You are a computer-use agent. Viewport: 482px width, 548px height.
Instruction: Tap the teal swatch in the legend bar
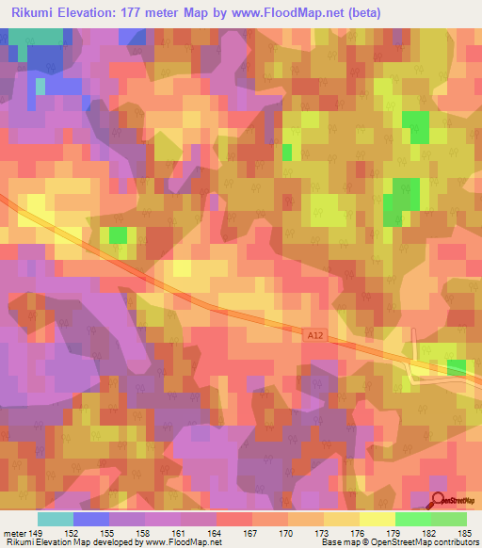click(x=56, y=519)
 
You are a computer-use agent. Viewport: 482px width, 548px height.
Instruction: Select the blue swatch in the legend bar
click(x=91, y=519)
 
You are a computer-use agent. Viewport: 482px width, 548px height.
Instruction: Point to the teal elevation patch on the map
click(x=38, y=36)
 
